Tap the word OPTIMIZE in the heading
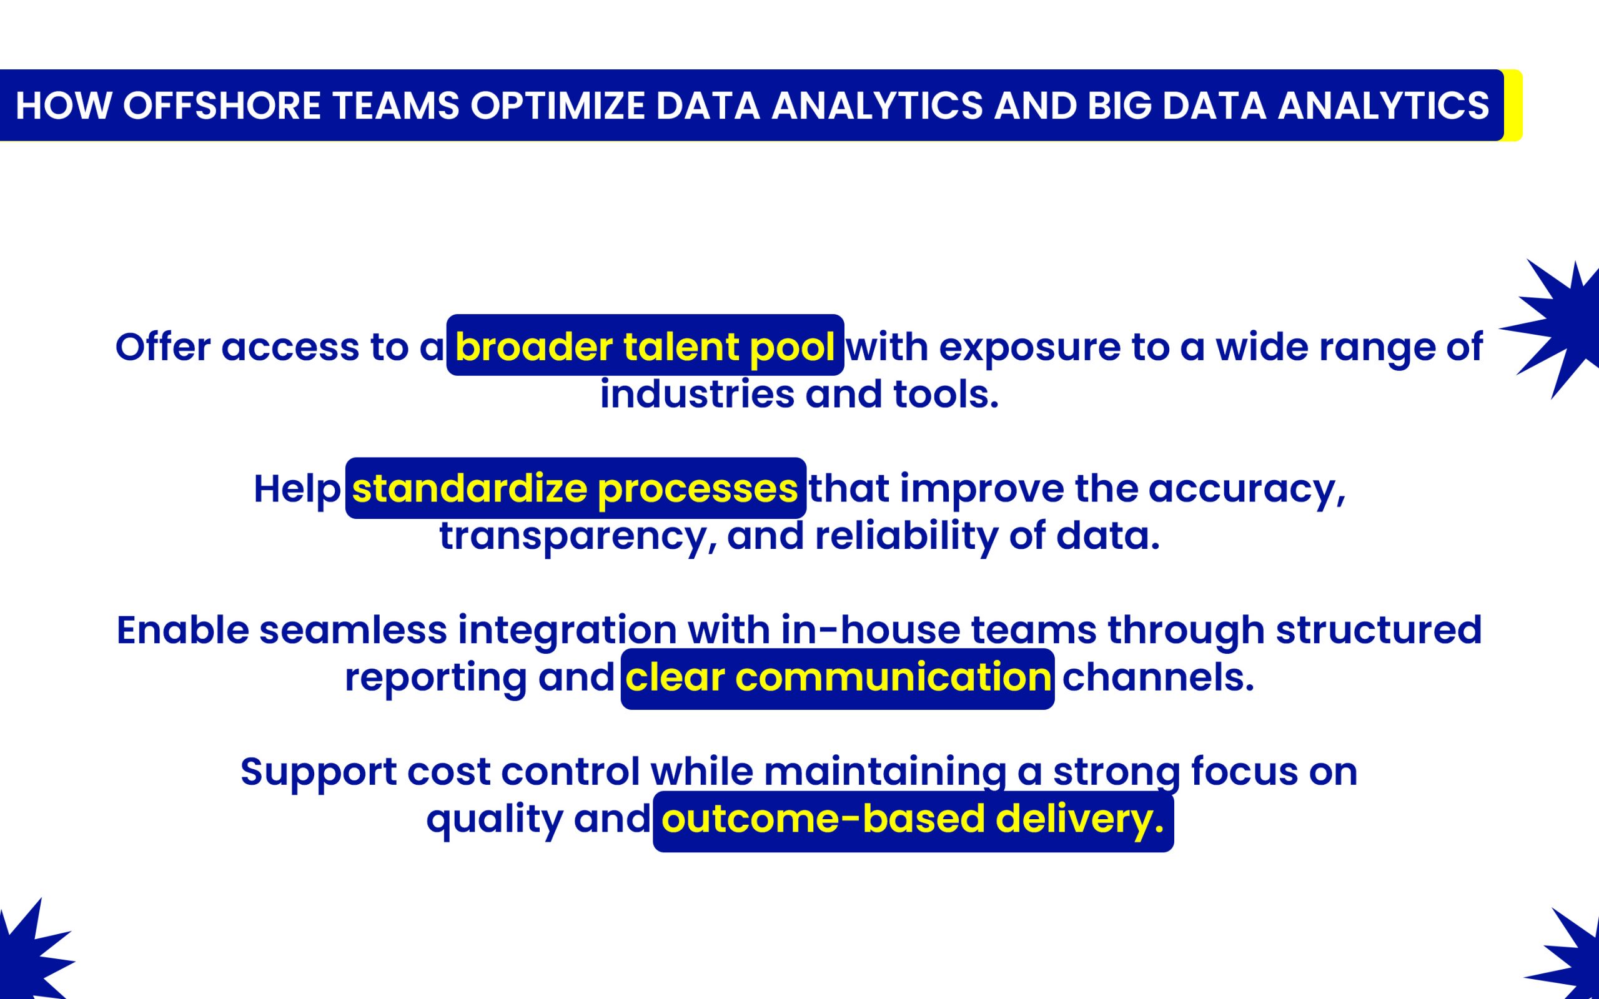point(557,106)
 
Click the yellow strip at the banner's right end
point(1513,106)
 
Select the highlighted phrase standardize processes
point(575,488)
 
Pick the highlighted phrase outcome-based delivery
point(913,819)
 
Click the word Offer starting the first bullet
point(162,347)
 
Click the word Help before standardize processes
point(297,490)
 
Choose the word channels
point(1157,678)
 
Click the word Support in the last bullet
point(319,772)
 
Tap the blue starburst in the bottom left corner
point(30,955)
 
